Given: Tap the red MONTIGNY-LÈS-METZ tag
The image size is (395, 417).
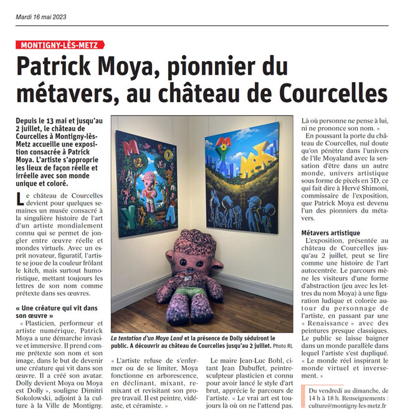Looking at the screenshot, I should tap(61, 45).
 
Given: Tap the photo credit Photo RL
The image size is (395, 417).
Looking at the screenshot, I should tap(281, 345).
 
